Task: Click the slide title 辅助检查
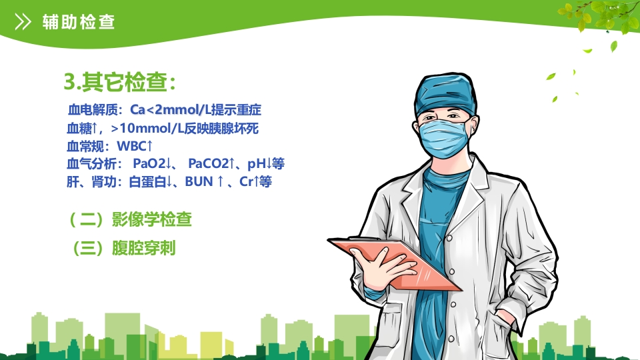[x=78, y=22]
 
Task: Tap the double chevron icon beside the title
[x=23, y=22]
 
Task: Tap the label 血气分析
[x=91, y=163]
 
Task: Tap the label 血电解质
[x=91, y=109]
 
